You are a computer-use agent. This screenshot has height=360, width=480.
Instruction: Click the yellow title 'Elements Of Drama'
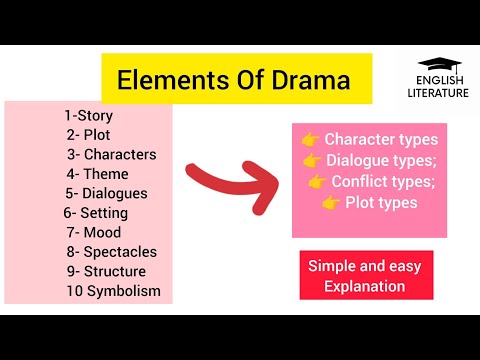pos(235,79)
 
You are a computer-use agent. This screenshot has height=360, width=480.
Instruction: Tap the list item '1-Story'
pos(88,115)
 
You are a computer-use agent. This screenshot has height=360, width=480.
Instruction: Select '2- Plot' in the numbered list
pos(88,134)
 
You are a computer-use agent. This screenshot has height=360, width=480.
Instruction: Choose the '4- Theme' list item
pos(98,173)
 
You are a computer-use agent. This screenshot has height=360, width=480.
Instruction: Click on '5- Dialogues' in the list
pos(107,193)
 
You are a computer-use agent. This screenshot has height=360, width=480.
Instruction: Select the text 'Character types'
pos(381,139)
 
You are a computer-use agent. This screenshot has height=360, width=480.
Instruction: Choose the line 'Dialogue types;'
pos(381,160)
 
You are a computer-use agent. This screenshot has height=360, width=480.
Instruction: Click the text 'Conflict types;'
pos(381,182)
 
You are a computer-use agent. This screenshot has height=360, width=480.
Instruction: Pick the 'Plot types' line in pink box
pos(381,203)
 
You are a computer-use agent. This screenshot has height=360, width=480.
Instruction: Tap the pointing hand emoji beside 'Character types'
pos(310,139)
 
